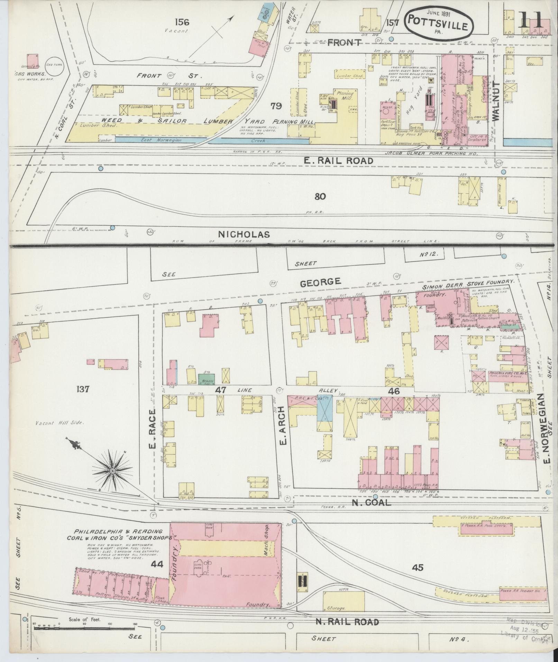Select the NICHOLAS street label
(244, 234)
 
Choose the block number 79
(276, 106)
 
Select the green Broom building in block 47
(206, 379)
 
